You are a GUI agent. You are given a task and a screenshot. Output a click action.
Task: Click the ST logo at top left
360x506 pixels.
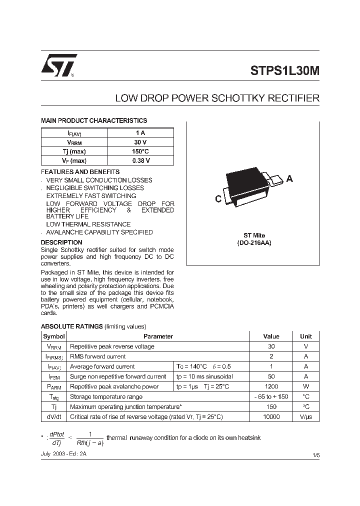[x=58, y=65]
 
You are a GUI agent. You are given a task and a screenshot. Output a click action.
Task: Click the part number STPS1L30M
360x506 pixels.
[x=284, y=70]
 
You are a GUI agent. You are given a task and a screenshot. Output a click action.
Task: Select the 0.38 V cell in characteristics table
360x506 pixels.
[x=140, y=160]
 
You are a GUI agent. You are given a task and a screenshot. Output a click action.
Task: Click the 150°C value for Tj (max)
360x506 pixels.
[x=140, y=151]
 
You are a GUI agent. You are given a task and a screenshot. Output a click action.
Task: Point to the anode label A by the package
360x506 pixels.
[x=289, y=179]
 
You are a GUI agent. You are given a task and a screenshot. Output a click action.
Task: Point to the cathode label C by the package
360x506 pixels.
[x=218, y=199]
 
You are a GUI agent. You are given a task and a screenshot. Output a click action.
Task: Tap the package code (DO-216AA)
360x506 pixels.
[x=254, y=242]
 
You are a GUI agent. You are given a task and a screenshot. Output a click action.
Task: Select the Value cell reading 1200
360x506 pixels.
[x=271, y=386]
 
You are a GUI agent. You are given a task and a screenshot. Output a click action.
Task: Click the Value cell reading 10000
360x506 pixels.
[x=271, y=416]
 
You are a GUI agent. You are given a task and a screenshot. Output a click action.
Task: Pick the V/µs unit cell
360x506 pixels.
[x=305, y=416]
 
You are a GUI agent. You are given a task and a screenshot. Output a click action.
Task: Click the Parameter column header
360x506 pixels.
[x=158, y=336]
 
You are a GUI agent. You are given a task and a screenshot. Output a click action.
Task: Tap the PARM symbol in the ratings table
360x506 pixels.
[x=54, y=386]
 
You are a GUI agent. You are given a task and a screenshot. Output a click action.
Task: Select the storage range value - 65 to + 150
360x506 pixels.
[x=271, y=396]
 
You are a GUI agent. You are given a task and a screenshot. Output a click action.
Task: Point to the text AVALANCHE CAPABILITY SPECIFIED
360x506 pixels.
[x=99, y=232]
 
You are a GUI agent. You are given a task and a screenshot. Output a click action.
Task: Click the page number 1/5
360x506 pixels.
[x=315, y=454]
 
